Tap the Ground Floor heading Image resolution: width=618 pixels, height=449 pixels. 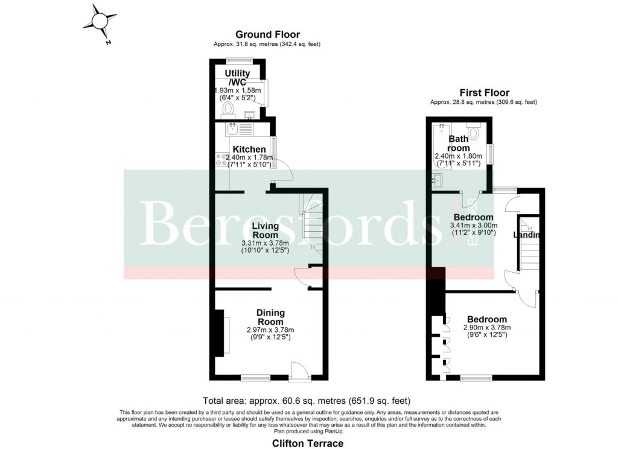point(267,35)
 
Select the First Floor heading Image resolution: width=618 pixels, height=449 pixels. point(484,93)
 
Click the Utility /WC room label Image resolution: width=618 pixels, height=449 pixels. point(237,77)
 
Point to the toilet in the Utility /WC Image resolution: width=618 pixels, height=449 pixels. point(228,109)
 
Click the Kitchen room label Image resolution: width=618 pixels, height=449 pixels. point(249,149)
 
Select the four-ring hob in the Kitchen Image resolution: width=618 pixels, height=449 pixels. point(220,159)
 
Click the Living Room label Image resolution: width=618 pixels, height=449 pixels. point(265,230)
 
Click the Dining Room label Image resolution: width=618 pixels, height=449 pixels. point(270,317)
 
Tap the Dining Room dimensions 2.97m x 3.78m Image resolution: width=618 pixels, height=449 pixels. point(270,330)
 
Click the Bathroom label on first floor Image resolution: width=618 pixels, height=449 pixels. point(459,144)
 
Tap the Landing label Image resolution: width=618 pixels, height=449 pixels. point(526,235)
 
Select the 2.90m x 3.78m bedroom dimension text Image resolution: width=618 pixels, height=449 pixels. point(486,328)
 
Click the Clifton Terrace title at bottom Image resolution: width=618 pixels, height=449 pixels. point(308,444)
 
